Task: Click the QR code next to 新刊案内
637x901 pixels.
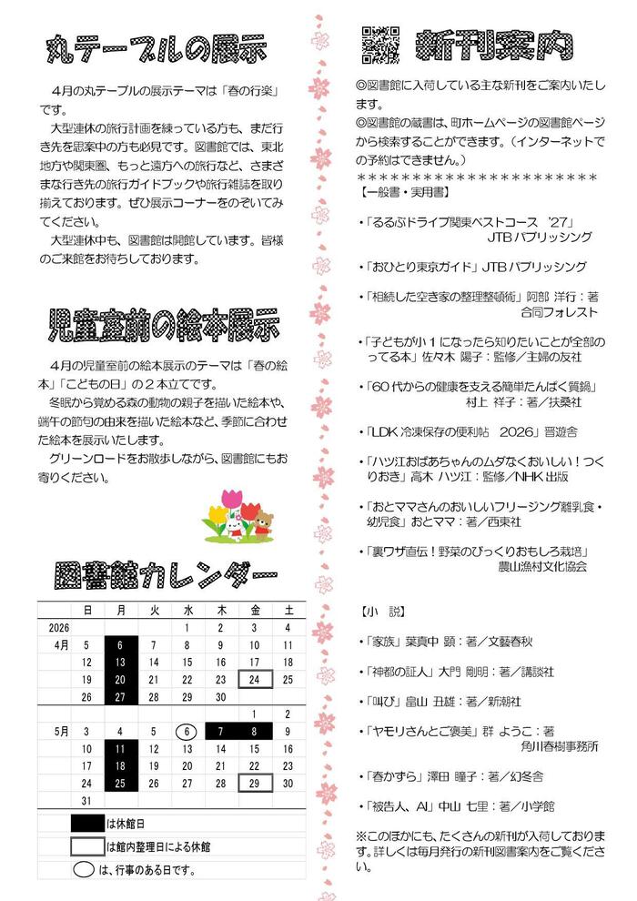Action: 382,42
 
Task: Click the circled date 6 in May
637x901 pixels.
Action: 187,731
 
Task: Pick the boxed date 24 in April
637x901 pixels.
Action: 255,679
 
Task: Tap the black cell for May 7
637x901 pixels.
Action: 220,731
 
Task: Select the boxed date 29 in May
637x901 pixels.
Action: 255,783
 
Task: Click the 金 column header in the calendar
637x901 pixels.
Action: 255,610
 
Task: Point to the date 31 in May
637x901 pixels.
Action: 86,800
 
